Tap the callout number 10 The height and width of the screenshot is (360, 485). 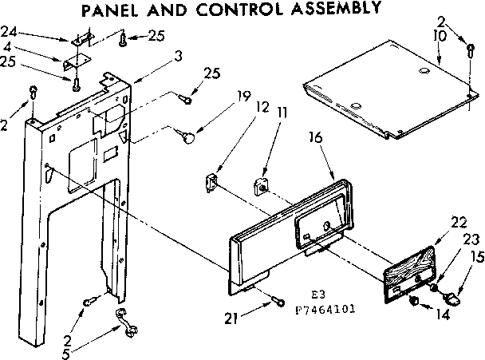point(438,37)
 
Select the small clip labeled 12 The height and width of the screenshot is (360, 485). point(213,182)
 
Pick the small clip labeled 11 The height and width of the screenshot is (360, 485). point(260,188)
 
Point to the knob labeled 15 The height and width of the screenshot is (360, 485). point(451,298)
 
